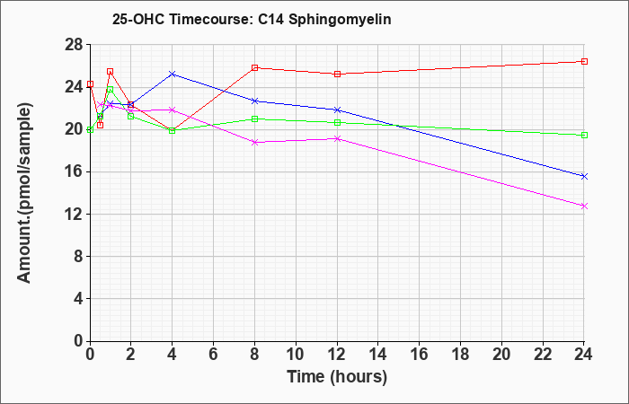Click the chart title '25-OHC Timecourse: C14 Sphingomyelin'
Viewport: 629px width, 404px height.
(x=252, y=19)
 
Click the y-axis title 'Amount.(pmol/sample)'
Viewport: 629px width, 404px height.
(x=24, y=193)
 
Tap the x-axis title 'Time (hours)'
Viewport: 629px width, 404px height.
(x=337, y=377)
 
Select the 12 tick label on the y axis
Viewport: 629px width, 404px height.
(x=75, y=214)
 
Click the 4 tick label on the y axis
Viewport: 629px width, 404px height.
(x=80, y=299)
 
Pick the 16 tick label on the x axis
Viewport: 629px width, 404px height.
(x=420, y=355)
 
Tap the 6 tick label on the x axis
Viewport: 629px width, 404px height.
(x=214, y=355)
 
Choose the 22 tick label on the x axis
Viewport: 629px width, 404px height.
(x=543, y=355)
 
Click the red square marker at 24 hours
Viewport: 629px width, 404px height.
(x=584, y=61)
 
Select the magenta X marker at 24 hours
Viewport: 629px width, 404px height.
(x=584, y=206)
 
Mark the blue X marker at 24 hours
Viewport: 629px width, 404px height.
(x=584, y=176)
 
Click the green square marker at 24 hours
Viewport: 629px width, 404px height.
(x=584, y=135)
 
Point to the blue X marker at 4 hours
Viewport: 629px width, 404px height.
(x=173, y=75)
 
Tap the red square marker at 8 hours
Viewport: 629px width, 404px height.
(x=254, y=67)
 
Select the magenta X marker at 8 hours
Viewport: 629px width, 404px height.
(x=254, y=142)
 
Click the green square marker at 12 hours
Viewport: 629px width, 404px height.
(x=337, y=123)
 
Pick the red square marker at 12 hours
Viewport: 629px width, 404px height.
(x=337, y=75)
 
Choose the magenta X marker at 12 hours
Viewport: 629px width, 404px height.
(x=337, y=138)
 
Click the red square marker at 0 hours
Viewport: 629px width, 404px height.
(x=90, y=84)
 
